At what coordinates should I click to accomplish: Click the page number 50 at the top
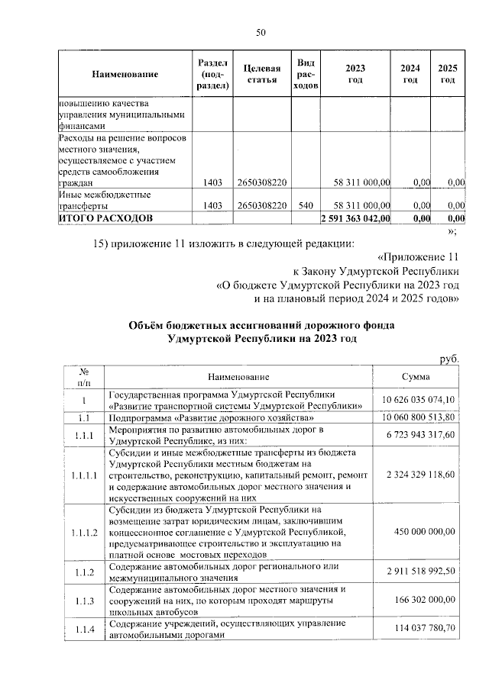pos(260,32)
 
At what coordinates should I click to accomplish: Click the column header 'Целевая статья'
pos(261,74)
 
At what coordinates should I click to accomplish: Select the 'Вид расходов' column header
pos(306,74)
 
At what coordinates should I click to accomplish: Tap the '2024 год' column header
pos(410,74)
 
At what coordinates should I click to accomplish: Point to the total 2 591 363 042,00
pos(354,219)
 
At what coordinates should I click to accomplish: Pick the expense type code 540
pos(306,206)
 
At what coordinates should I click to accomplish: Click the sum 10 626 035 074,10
pos(416,400)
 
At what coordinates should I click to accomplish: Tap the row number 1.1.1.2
pos(85,533)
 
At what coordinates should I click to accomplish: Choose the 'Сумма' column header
pos(416,377)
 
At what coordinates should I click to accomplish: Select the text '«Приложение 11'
pos(420,256)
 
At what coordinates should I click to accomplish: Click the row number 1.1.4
pos(85,629)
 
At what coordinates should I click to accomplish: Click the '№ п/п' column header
pos(85,377)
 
